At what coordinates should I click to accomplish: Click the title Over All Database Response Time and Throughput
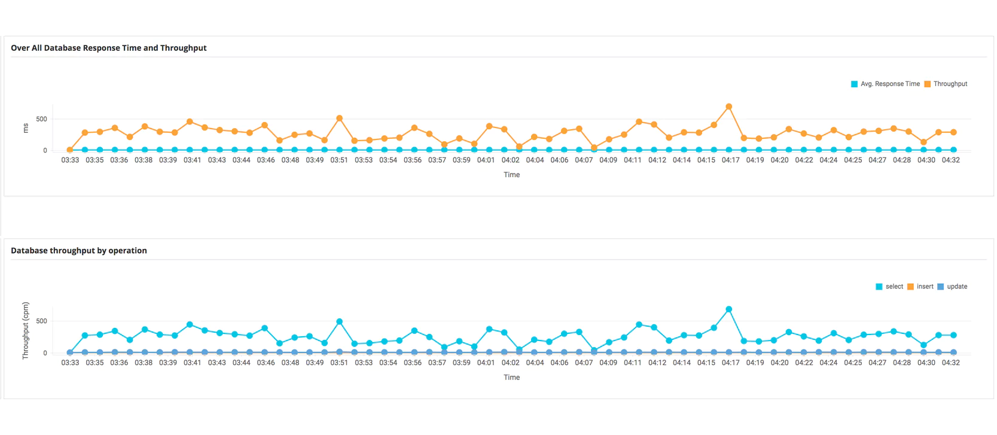pos(108,48)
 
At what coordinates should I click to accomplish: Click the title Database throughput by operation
pos(78,251)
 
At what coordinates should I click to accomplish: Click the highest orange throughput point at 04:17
pos(728,107)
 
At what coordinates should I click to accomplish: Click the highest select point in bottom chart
pos(728,309)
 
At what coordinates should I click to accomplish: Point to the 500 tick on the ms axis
pos(41,119)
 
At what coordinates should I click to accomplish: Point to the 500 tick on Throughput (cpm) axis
pos(41,321)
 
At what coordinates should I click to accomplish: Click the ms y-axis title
pos(26,128)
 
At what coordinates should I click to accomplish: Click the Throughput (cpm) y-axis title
pos(26,330)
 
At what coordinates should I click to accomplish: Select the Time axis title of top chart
pos(511,175)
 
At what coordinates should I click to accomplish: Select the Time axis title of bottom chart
pos(511,378)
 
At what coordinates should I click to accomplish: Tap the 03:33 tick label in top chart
pos(70,160)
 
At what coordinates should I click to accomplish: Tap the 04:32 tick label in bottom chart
pos(950,363)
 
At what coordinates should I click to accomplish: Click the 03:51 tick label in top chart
pos(339,160)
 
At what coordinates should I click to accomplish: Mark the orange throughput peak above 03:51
pos(339,118)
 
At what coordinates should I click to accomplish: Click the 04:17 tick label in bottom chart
pos(730,363)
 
